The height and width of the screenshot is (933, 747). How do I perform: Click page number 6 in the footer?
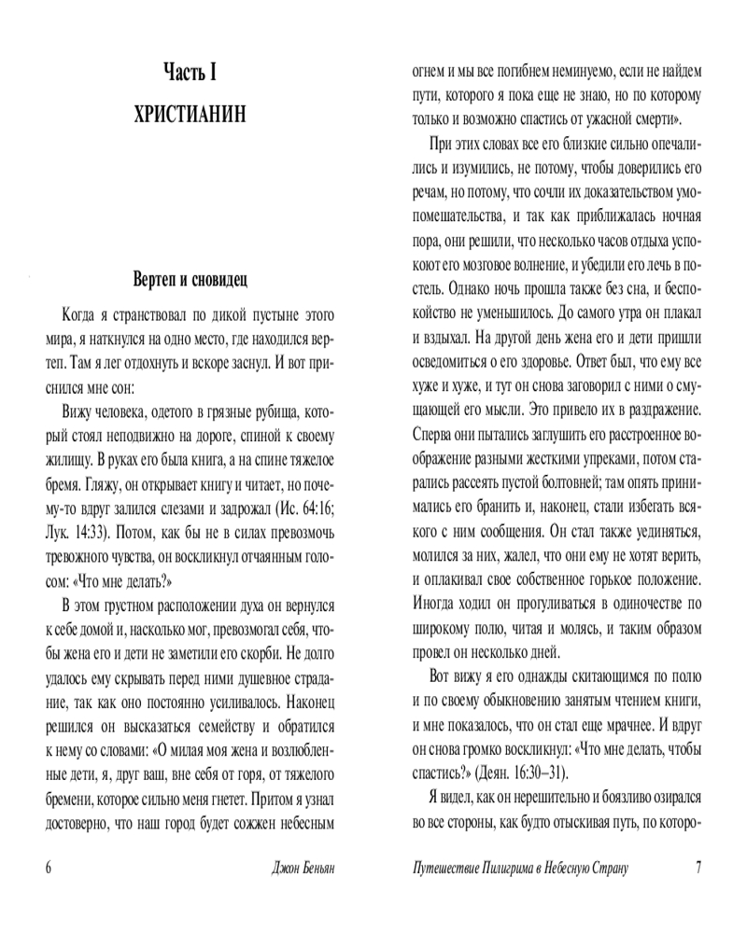click(48, 867)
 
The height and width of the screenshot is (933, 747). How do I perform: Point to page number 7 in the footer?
click(698, 867)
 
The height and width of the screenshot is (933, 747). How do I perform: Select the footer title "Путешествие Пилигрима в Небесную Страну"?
click(520, 868)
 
